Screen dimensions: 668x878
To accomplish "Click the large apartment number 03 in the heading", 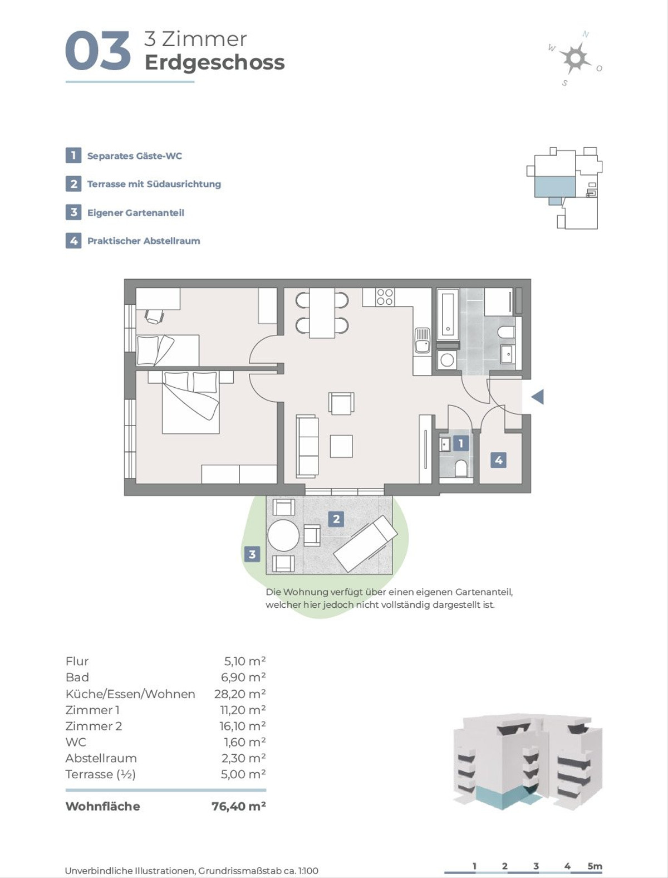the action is click(x=98, y=52).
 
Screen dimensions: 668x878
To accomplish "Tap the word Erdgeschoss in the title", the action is click(x=214, y=63).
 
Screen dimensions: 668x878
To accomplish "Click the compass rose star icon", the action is click(x=575, y=58).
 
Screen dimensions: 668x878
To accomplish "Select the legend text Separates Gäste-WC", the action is click(x=135, y=156).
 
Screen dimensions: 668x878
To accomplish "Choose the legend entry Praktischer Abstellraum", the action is click(x=144, y=241).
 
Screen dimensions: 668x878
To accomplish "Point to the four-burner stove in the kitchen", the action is click(x=385, y=297).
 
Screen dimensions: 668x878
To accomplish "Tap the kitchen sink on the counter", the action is click(x=423, y=340).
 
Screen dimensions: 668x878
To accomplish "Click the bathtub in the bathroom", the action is click(x=448, y=315).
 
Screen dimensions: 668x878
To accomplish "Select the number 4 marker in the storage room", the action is click(x=499, y=460).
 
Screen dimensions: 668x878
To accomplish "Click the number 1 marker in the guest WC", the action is click(x=461, y=443).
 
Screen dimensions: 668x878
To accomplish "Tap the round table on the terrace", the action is click(x=283, y=535).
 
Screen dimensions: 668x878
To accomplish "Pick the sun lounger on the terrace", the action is click(x=366, y=543).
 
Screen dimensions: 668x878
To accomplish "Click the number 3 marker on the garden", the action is click(x=252, y=554).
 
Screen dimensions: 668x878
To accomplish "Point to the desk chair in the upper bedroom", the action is click(x=154, y=315).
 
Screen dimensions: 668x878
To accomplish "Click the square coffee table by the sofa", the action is click(x=341, y=446).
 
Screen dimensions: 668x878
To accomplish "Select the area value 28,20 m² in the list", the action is click(x=240, y=694).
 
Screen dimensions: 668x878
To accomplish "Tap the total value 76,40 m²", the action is click(x=239, y=806).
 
